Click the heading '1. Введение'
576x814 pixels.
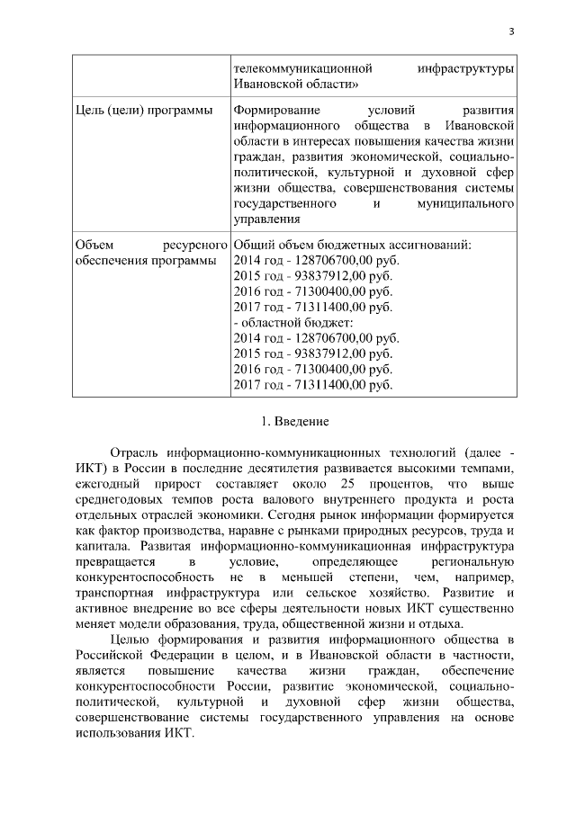pyautogui.click(x=288, y=420)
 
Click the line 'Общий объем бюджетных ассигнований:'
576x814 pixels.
pyautogui.click(x=351, y=245)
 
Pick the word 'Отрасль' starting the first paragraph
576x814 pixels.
pyautogui.click(x=134, y=452)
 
